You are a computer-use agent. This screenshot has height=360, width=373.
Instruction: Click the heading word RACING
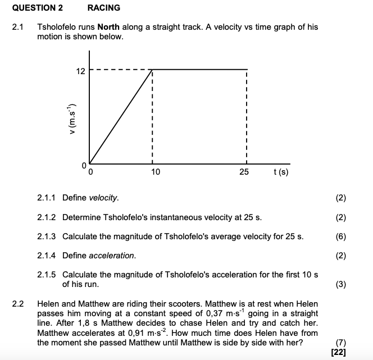point(104,8)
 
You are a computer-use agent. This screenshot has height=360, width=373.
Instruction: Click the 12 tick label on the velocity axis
point(81,71)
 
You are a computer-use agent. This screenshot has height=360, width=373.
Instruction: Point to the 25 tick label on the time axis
point(244,171)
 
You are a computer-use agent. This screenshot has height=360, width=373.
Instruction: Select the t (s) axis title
point(280,171)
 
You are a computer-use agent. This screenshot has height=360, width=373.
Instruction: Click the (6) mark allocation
point(340,236)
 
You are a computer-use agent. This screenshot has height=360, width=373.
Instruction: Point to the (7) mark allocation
point(340,343)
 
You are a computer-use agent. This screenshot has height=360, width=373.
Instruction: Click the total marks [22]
point(339,352)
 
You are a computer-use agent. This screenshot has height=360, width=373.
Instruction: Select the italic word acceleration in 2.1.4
point(112,256)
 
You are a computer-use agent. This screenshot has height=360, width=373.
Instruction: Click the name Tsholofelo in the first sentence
point(56,27)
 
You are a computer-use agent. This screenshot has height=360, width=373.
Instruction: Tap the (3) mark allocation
point(340,284)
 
